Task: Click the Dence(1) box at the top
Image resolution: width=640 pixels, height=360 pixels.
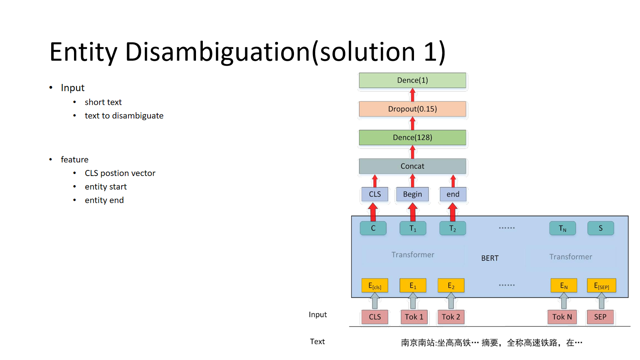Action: tap(412, 80)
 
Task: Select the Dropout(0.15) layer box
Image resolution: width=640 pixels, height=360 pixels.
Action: tap(412, 109)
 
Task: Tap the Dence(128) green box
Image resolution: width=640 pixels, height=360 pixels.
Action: tap(412, 138)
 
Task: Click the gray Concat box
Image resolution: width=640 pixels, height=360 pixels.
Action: tap(412, 166)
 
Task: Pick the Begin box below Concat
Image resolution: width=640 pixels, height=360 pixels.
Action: tap(412, 194)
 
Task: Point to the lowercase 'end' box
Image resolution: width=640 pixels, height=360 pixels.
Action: tap(453, 194)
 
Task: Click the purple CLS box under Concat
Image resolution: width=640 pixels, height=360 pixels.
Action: tap(374, 194)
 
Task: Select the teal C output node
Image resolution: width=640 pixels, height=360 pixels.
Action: tap(373, 228)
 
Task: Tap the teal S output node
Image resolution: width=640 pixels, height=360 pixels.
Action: tap(600, 228)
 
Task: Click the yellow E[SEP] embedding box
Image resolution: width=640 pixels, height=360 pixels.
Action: tap(602, 286)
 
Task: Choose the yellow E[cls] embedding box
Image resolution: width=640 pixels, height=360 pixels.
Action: tap(374, 286)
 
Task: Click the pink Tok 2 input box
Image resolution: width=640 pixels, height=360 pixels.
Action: tap(451, 317)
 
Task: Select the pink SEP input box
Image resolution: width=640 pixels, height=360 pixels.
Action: tap(600, 317)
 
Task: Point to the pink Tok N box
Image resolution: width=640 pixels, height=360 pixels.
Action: tap(562, 317)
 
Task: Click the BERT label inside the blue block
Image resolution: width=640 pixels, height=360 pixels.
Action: tap(490, 258)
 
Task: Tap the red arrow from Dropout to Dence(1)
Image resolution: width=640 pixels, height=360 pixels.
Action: tap(412, 95)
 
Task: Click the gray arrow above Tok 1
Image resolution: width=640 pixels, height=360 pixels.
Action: tap(413, 301)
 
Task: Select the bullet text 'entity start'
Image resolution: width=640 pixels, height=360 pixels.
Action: tap(106, 186)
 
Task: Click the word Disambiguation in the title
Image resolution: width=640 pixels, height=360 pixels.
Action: tap(218, 52)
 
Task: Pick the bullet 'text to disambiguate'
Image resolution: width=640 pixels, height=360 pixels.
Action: tap(124, 116)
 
